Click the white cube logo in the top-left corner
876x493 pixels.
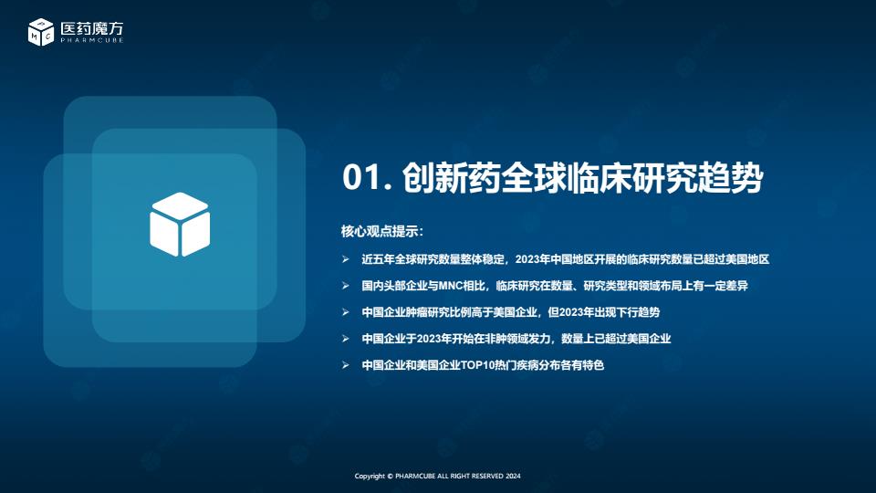(41, 32)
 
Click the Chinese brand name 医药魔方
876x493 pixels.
(92, 28)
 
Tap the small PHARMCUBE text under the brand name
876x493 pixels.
(92, 40)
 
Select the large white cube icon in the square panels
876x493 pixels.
(180, 225)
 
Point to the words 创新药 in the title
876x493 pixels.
(450, 178)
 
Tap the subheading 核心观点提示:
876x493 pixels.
(382, 231)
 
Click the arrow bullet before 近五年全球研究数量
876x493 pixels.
(346, 259)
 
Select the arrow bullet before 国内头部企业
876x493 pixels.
(346, 286)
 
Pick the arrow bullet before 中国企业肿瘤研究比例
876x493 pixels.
(346, 312)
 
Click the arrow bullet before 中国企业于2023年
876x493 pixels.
(346, 339)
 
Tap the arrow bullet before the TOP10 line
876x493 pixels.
(346, 365)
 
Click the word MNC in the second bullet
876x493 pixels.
(452, 286)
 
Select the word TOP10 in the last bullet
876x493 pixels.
(474, 365)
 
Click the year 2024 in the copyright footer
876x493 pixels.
(513, 477)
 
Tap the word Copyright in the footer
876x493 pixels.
(370, 477)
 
